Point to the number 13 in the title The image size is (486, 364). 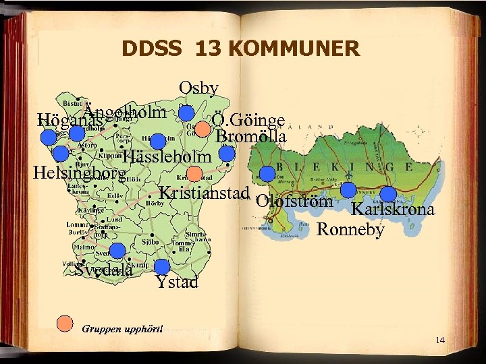[x=209, y=49]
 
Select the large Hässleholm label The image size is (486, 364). [x=168, y=157]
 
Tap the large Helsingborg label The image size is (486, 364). [x=80, y=173]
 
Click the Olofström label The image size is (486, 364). [x=294, y=201]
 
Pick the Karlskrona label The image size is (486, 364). [x=393, y=210]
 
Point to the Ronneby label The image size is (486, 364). [x=350, y=229]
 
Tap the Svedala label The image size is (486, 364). [x=103, y=271]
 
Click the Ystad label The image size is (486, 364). [x=177, y=282]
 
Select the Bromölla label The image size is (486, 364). [x=251, y=137]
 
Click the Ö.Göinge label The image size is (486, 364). [x=248, y=121]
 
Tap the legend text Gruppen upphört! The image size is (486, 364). [x=122, y=329]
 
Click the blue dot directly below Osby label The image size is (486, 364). [x=186, y=113]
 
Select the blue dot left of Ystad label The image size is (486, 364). [x=162, y=267]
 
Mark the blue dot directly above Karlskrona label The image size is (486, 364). [x=388, y=194]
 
